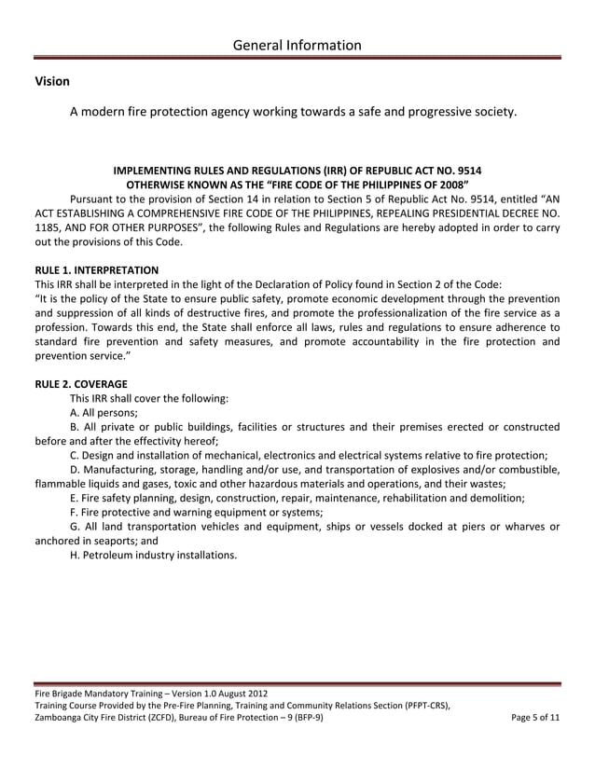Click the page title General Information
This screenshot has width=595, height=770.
coord(297,45)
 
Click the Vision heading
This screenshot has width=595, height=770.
coord(52,82)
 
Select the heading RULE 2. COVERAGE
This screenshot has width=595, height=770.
coord(81,382)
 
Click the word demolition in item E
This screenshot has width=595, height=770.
coord(492,498)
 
